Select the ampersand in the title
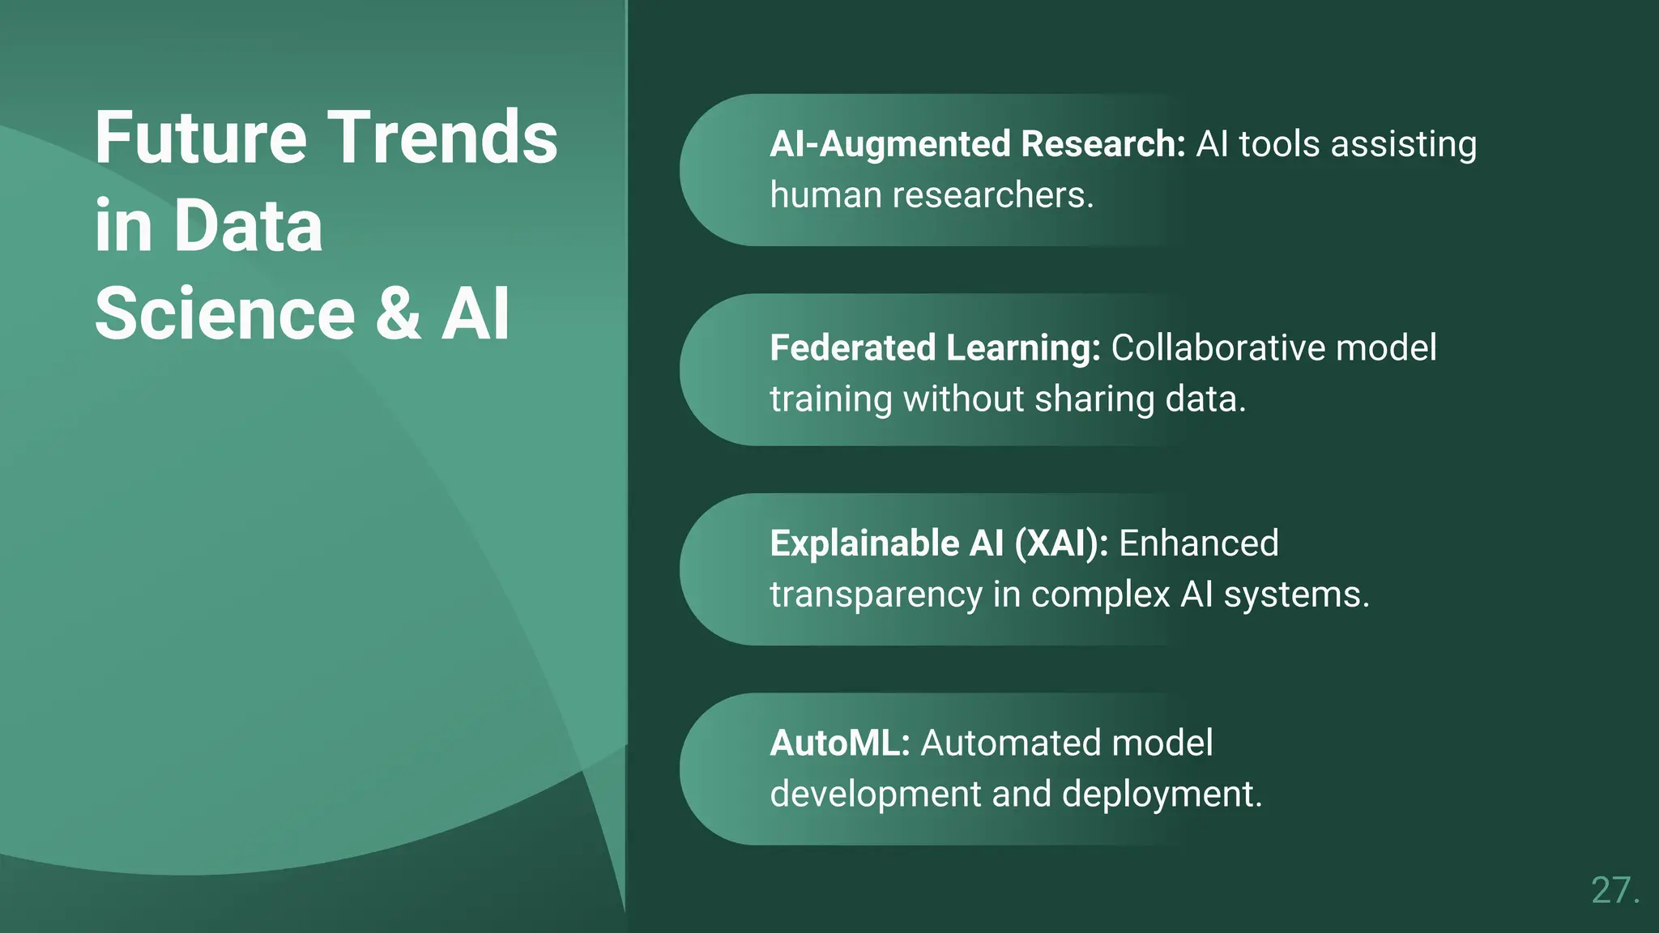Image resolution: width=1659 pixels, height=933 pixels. (398, 314)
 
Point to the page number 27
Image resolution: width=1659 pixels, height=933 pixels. (1614, 890)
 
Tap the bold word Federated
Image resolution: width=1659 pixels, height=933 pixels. (852, 348)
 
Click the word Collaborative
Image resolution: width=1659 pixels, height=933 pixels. (1218, 348)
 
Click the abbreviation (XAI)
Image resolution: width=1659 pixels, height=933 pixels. (1060, 543)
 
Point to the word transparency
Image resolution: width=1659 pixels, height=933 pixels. (876, 596)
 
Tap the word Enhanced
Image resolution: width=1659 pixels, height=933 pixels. (1198, 543)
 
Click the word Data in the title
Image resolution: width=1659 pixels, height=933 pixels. (248, 226)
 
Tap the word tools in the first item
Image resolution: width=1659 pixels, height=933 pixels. (1280, 145)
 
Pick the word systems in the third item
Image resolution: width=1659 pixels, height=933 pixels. (1295, 596)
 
